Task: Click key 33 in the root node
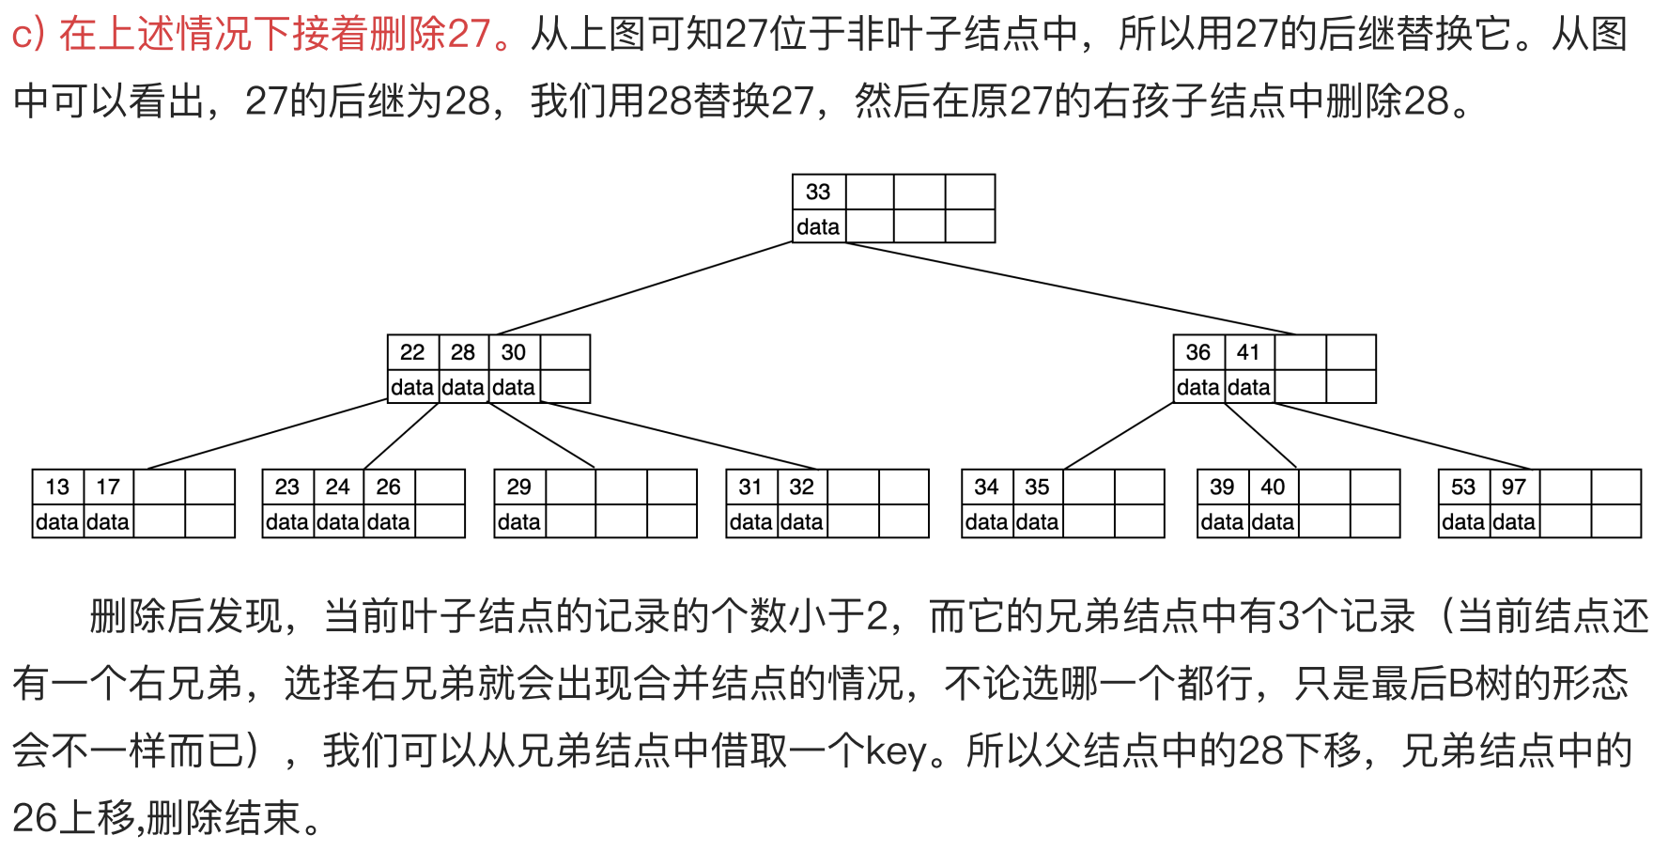[818, 192]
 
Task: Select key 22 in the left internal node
[412, 352]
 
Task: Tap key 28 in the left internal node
[463, 352]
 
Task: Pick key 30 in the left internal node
[514, 352]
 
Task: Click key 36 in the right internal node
[1197, 352]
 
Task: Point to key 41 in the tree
[1248, 352]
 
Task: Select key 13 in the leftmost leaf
[57, 487]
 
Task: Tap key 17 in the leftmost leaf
[108, 487]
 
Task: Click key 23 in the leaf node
[287, 487]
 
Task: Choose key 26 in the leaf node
[389, 487]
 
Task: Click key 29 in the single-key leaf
[518, 487]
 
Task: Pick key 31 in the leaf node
[750, 487]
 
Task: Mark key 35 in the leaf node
[1037, 487]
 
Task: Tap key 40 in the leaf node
[1273, 487]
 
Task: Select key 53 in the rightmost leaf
[1463, 487]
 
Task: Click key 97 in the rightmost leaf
[1514, 487]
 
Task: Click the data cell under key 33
[818, 226]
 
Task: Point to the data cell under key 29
[518, 521]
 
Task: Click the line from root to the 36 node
[1071, 288]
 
